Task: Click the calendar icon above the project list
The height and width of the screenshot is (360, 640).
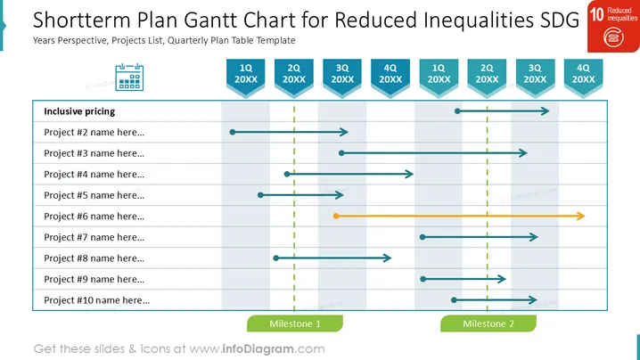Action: [129, 77]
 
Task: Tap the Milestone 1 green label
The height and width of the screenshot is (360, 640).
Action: [295, 323]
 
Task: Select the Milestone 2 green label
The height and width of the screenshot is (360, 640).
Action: [488, 323]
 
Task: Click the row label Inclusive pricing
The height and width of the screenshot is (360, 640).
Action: [79, 111]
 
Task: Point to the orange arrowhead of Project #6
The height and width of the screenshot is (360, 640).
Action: [581, 216]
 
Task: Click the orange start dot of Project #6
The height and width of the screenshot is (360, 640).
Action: [336, 216]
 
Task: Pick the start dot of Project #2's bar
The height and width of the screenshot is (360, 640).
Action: [233, 132]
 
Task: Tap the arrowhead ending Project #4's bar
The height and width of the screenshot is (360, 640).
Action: [409, 174]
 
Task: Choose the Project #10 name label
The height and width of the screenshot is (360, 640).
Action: [97, 300]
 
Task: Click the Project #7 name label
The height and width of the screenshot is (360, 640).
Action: [94, 237]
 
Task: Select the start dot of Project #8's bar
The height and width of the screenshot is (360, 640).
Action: [276, 258]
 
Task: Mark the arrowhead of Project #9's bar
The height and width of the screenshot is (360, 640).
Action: [502, 279]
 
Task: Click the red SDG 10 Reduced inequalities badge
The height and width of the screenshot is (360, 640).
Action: [613, 26]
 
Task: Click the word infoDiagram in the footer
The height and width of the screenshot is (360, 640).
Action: [258, 349]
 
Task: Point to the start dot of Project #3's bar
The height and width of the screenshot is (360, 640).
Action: [341, 153]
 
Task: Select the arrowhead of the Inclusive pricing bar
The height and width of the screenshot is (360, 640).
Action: [545, 111]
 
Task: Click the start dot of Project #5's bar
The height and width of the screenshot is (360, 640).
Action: [260, 195]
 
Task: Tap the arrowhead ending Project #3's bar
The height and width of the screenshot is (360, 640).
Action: [523, 153]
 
